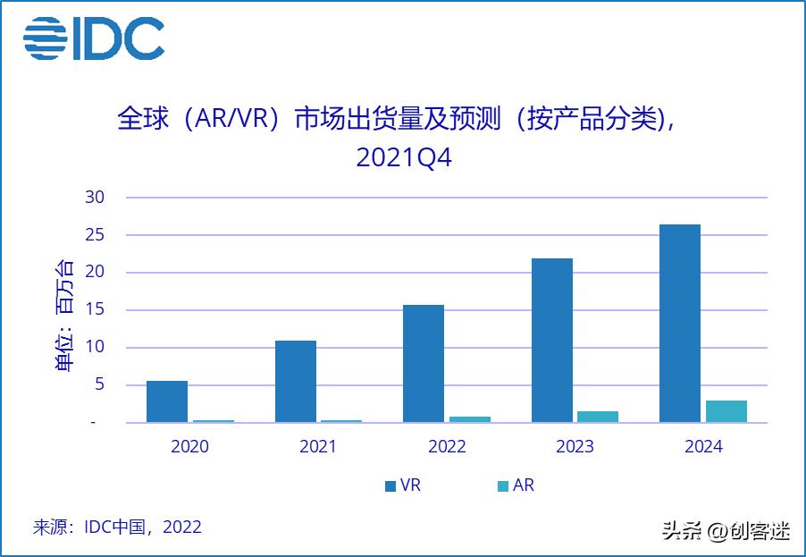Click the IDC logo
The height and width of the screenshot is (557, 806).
(94, 38)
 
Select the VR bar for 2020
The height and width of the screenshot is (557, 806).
(167, 401)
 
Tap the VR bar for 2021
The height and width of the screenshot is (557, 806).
(296, 382)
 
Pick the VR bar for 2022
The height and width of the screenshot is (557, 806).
(424, 364)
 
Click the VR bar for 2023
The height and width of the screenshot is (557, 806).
(552, 341)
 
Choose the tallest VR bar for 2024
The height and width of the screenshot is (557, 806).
(680, 324)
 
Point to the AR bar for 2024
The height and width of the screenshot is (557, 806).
(726, 411)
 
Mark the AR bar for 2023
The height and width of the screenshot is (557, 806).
(598, 417)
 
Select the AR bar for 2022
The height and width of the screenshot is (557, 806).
(469, 419)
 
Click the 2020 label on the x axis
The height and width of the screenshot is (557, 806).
(189, 446)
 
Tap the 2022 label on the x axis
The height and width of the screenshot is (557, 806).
(447, 446)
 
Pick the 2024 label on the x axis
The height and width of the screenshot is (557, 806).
(703, 446)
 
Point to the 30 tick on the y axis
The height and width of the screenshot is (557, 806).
(96, 198)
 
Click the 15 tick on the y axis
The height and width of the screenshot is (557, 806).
(96, 310)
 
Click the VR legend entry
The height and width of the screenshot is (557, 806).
(402, 485)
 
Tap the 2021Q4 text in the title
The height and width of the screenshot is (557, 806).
(404, 157)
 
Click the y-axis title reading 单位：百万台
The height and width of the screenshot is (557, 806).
(65, 315)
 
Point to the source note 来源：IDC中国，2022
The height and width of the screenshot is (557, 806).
(117, 527)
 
